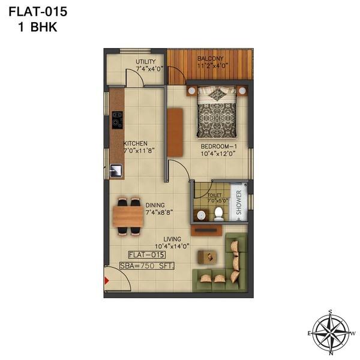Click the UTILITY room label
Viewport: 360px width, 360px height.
point(145,61)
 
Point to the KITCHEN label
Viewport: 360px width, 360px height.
point(136,143)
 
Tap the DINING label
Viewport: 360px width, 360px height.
point(155,205)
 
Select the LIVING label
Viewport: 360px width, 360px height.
point(172,239)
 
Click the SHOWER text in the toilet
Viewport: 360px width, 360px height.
point(238,203)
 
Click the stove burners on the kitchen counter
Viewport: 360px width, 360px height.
point(116,121)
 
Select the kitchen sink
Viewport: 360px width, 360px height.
point(116,170)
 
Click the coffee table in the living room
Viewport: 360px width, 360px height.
point(208,254)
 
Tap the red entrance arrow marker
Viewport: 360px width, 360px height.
point(108,280)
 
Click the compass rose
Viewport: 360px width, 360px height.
point(331,332)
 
